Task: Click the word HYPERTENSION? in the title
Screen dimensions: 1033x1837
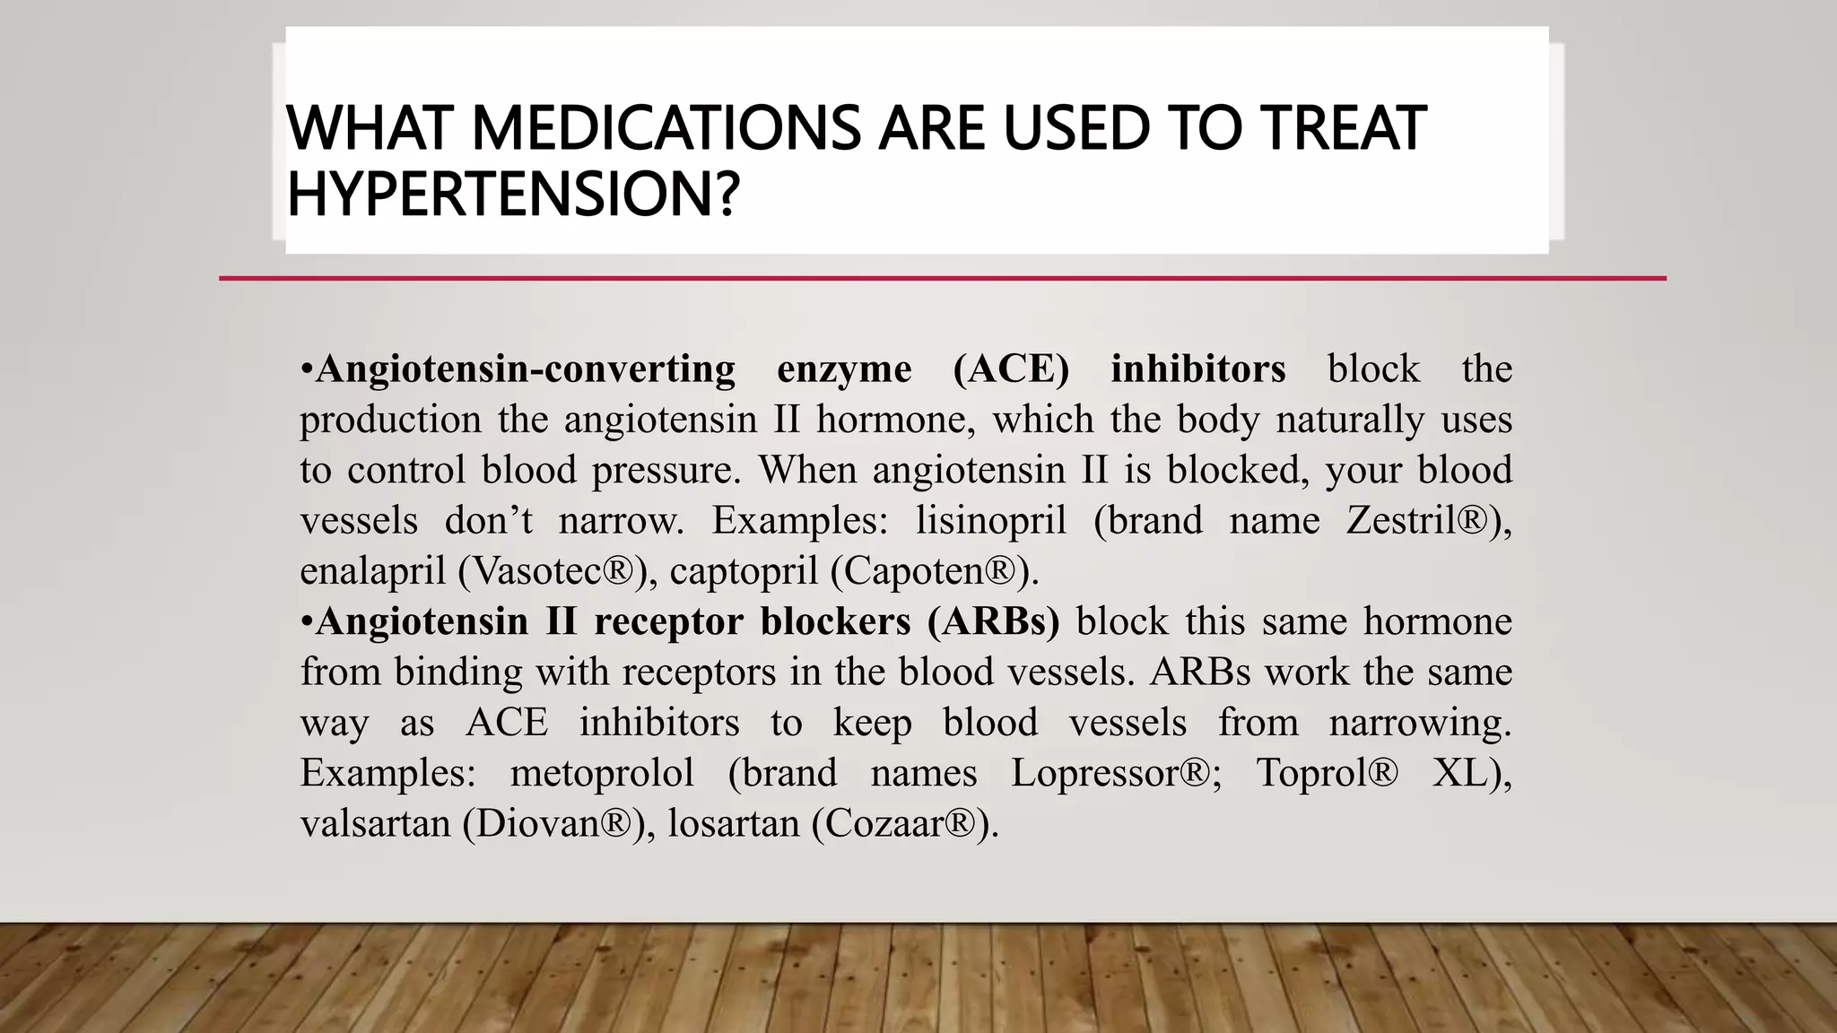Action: tap(513, 195)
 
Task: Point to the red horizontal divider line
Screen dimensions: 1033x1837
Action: tap(942, 279)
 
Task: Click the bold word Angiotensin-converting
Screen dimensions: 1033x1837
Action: tap(526, 369)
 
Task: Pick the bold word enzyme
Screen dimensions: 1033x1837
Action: tap(844, 369)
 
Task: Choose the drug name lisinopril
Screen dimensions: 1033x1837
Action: tap(991, 521)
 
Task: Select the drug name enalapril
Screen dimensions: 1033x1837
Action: tap(372, 571)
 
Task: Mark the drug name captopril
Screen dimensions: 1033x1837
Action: tap(744, 571)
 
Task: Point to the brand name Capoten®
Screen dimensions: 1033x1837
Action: tap(930, 571)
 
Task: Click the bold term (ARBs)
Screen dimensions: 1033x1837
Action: tap(994, 621)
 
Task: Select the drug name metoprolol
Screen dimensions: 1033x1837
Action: tap(602, 773)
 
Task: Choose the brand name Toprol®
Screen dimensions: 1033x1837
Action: tap(1327, 773)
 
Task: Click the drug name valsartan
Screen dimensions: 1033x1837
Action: tap(375, 823)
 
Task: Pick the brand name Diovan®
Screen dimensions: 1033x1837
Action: tap(553, 823)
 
